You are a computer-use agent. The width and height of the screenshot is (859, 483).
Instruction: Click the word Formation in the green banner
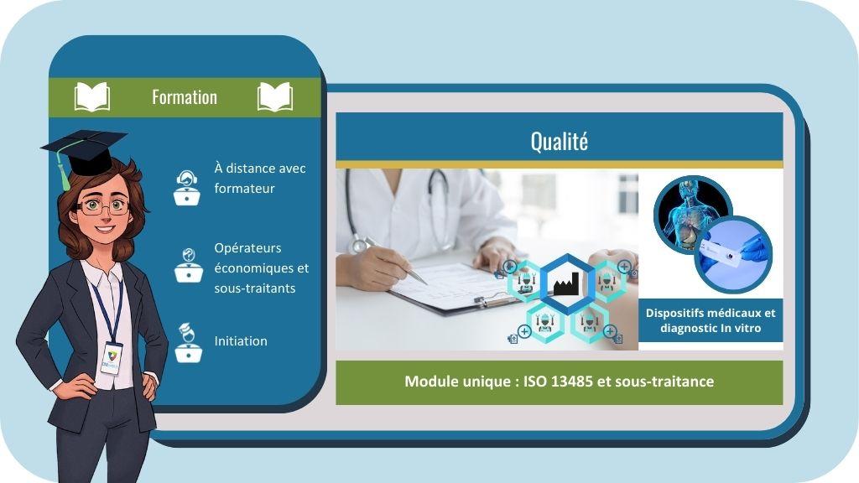point(184,97)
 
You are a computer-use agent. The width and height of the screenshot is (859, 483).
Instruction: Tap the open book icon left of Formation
point(92,97)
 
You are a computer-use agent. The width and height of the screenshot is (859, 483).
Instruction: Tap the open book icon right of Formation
point(275,97)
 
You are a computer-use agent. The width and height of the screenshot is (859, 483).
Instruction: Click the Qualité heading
point(559,141)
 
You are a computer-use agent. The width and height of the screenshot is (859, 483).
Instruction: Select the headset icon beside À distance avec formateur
point(186,187)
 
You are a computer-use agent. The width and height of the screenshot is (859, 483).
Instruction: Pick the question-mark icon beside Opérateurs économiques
point(188,265)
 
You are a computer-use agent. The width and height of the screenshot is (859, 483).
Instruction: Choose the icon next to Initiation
point(187,341)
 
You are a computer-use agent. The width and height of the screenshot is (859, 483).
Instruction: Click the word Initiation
point(241,341)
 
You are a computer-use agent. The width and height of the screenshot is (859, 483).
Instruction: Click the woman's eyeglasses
point(105,205)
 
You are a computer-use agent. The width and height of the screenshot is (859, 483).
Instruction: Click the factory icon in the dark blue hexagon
point(562,283)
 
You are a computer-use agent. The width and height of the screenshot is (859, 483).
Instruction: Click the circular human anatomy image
point(692,215)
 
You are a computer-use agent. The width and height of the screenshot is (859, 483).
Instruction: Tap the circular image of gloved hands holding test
point(733,254)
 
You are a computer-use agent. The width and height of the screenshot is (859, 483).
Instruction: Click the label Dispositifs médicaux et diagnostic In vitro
point(711,320)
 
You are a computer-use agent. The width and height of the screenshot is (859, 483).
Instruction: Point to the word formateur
point(244,189)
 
